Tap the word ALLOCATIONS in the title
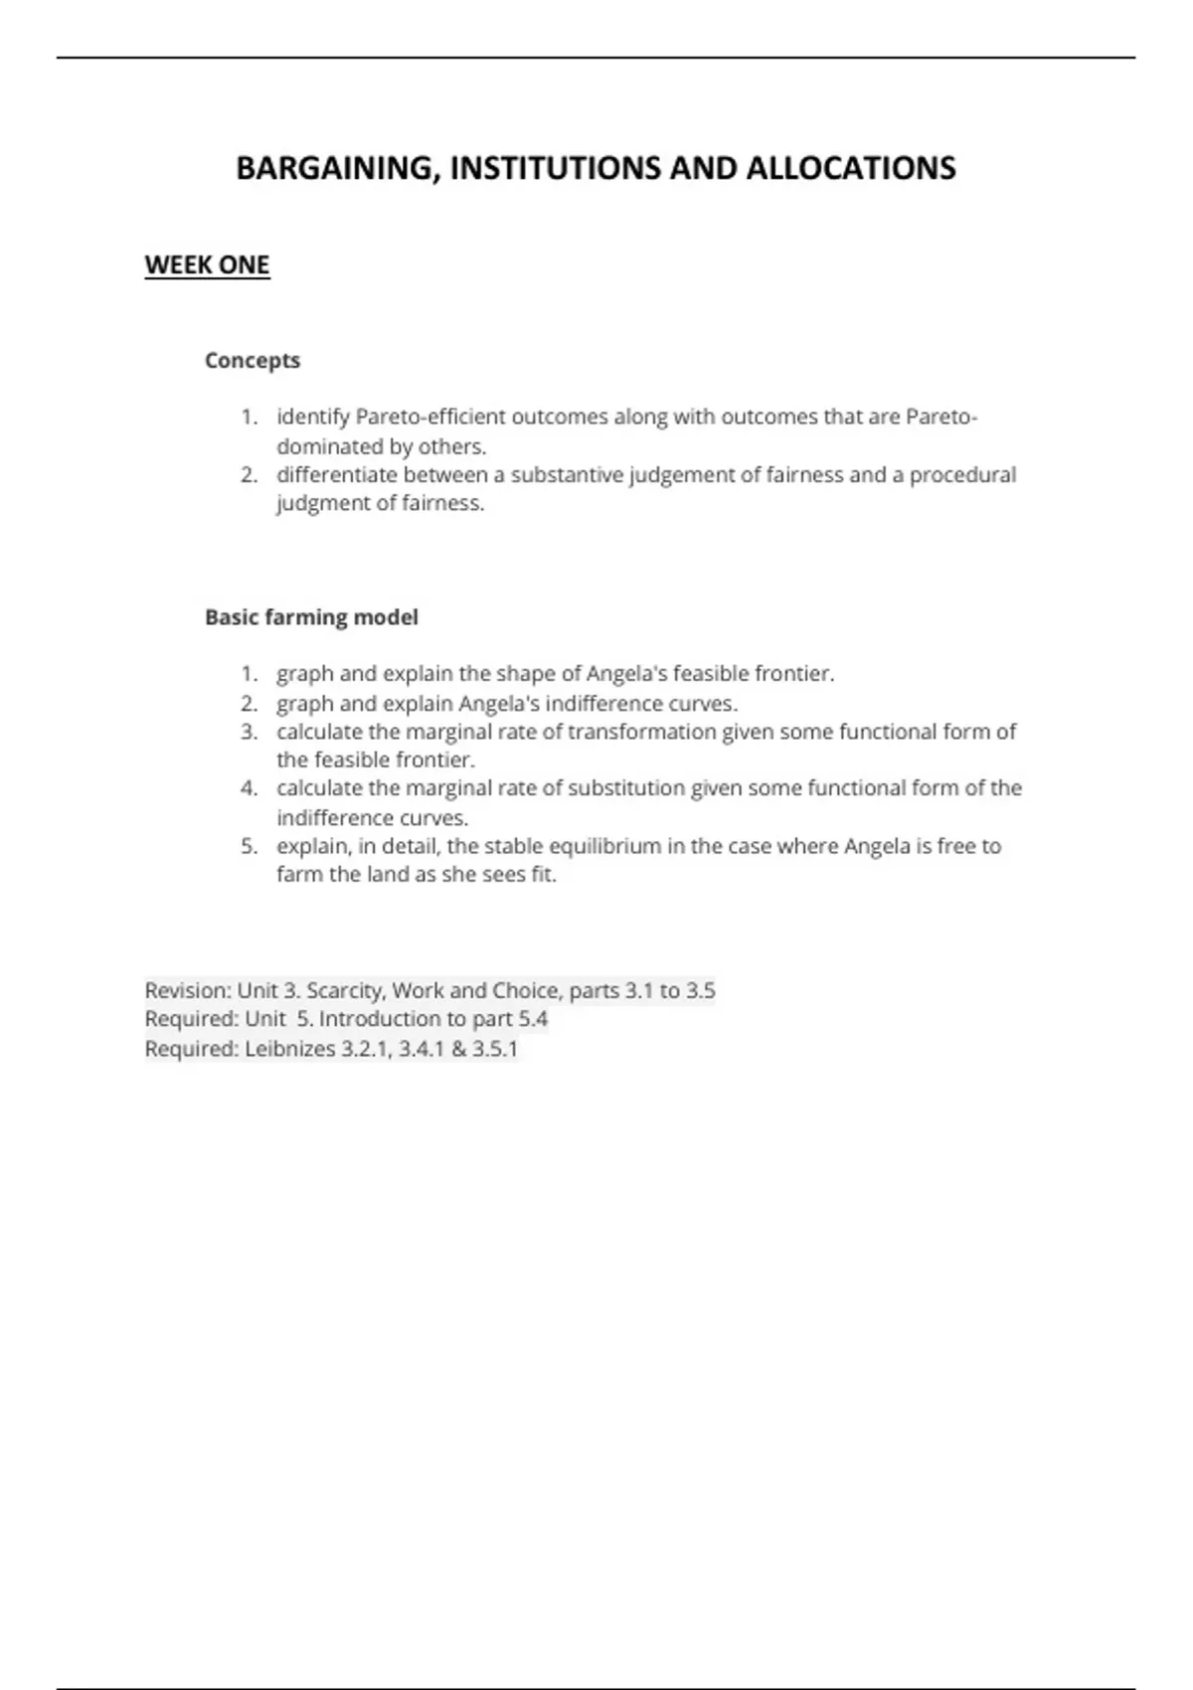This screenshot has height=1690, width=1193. pos(850,169)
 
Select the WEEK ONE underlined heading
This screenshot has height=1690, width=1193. pos(207,265)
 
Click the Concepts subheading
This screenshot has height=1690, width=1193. pos(253,361)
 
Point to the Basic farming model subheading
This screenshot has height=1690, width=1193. pos(311,617)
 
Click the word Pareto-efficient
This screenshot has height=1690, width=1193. pos(430,418)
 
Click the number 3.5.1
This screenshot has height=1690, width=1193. pos(494,1049)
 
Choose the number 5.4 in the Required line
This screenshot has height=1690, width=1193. pos(533,1019)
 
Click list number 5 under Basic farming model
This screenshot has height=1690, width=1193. pos(249,846)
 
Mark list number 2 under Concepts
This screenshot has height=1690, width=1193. pos(249,475)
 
